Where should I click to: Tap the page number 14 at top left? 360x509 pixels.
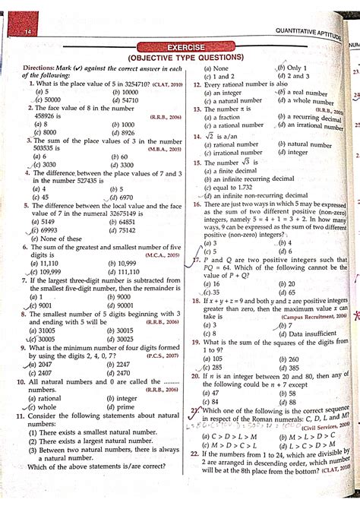[27, 32]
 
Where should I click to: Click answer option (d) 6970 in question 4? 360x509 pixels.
[124, 197]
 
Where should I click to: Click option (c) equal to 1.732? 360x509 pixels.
[232, 187]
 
